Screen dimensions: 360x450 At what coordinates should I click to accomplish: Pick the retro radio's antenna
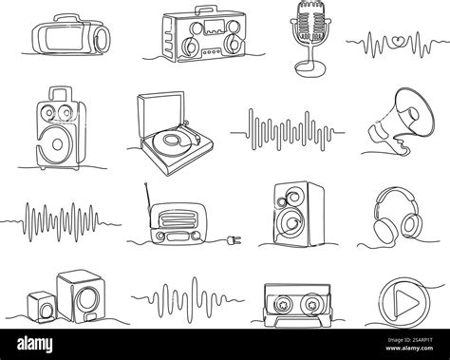[149, 199]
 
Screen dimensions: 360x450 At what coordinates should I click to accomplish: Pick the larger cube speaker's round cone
[80, 290]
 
